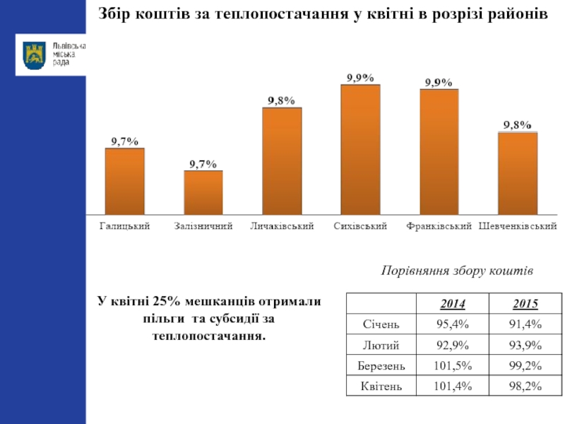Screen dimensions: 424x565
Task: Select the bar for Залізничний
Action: coord(203,192)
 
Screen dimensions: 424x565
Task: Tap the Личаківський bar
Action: coord(282,160)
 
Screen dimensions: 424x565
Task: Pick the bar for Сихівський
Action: coord(360,149)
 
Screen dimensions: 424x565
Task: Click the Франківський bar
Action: coord(439,151)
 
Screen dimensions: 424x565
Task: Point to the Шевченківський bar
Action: coord(517,173)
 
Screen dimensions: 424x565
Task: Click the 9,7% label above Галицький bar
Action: coord(124,141)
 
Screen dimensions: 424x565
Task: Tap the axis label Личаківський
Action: coord(282,227)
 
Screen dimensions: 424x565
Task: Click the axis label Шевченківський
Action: coord(518,227)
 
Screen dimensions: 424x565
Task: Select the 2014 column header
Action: coord(452,305)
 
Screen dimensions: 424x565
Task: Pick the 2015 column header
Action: coord(525,305)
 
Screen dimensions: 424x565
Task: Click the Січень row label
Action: coord(381,325)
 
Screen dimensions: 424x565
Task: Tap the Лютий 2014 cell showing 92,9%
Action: coord(452,346)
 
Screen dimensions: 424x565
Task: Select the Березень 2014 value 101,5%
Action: coord(452,366)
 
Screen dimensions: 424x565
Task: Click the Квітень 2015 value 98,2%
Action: coord(525,387)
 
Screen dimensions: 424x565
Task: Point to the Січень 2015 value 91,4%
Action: coord(525,325)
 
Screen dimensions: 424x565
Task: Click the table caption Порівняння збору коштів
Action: coord(456,271)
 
